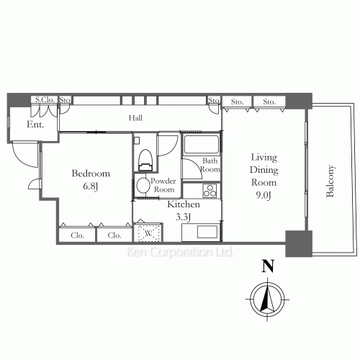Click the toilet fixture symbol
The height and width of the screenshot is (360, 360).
[145, 160]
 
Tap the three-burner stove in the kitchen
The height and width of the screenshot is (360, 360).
[210, 191]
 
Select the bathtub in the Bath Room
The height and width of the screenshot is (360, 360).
[202, 145]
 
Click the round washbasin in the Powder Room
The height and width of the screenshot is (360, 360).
[143, 185]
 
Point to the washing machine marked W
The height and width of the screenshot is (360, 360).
[148, 233]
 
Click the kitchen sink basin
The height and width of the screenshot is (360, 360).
[207, 232]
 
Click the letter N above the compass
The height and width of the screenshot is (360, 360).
[268, 266]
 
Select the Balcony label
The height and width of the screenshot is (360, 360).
[330, 181]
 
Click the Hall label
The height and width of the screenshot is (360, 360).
[135, 118]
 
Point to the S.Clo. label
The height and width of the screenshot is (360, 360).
[45, 99]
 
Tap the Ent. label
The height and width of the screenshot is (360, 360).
[35, 125]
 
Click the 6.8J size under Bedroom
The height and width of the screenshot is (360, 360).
[91, 186]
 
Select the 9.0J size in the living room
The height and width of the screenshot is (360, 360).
[264, 195]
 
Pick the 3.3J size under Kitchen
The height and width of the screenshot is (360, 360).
[184, 217]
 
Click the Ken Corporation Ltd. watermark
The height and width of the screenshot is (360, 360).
[180, 252]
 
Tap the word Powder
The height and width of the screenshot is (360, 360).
[163, 181]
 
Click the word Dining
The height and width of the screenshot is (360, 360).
[264, 170]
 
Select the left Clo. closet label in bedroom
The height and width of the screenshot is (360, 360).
[77, 235]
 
